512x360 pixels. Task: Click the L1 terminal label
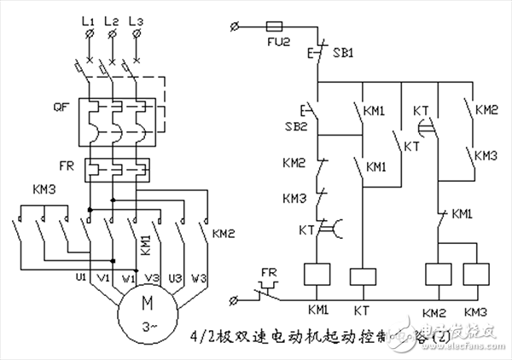point(88,19)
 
